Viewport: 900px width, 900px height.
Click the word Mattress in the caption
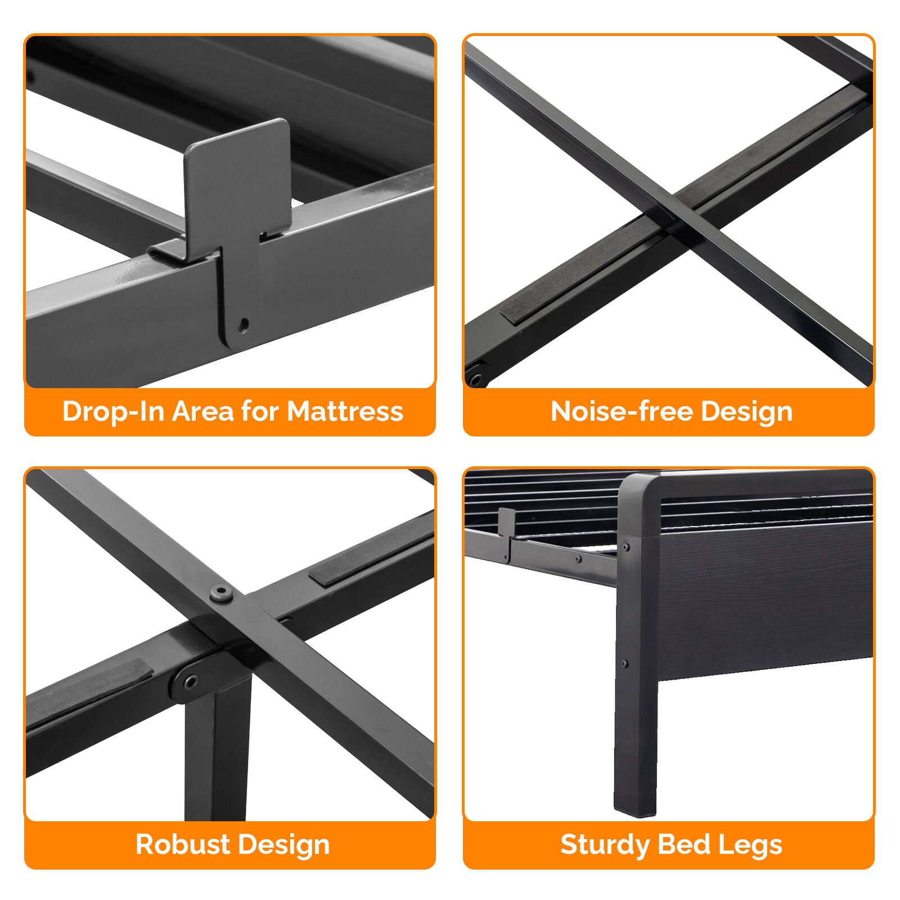point(345,411)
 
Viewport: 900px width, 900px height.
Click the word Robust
point(182,844)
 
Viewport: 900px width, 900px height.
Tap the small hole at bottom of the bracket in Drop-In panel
point(244,323)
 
